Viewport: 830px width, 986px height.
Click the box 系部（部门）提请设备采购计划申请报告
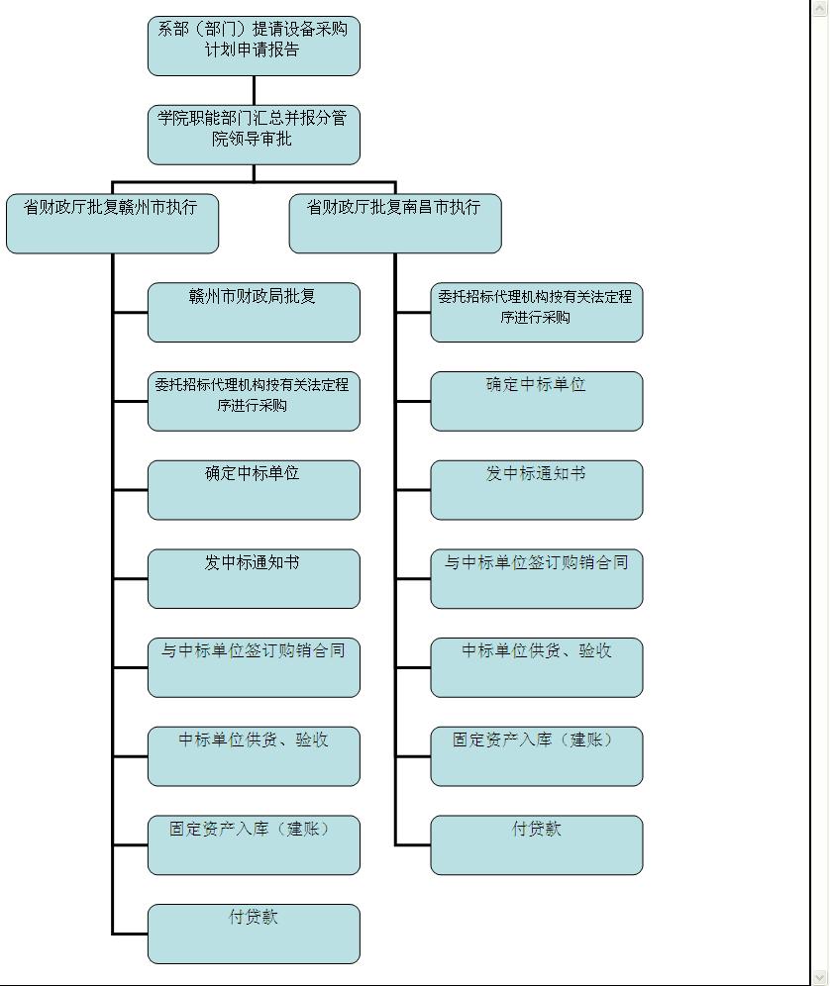(x=254, y=46)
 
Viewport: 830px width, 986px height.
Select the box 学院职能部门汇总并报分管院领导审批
(x=254, y=135)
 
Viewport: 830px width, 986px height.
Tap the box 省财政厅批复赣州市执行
(x=112, y=223)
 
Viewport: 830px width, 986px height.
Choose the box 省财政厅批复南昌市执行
(x=395, y=223)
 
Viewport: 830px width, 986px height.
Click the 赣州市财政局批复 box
(x=254, y=313)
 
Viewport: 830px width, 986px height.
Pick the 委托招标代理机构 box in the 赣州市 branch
(x=254, y=401)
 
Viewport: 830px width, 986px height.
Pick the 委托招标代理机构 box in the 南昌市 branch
(x=537, y=313)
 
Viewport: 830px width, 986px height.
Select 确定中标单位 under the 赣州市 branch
(x=254, y=490)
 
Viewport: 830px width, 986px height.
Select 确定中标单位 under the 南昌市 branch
(x=537, y=401)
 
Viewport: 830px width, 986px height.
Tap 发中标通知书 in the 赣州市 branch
(x=254, y=578)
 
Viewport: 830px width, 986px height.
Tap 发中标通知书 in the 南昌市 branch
(x=537, y=490)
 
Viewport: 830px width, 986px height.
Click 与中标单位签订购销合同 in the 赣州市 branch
(x=254, y=667)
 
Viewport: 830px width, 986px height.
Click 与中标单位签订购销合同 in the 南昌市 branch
(x=537, y=578)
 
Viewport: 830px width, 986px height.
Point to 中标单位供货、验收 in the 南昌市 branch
(x=537, y=667)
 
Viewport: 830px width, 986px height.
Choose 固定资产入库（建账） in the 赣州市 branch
(x=254, y=845)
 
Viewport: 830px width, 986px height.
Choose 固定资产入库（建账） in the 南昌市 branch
(x=537, y=756)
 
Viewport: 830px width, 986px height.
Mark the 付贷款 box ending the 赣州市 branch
(x=254, y=934)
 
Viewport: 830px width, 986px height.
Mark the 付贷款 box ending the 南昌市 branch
(x=537, y=845)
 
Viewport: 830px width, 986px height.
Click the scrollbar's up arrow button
(x=820, y=8)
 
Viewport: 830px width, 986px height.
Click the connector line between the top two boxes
(x=254, y=90)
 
